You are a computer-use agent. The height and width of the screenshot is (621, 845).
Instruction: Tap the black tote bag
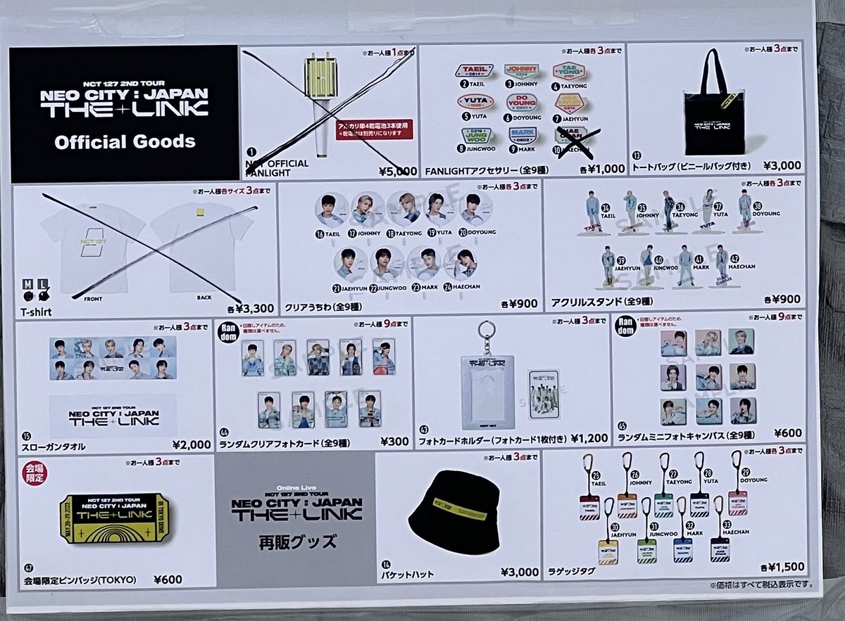715,105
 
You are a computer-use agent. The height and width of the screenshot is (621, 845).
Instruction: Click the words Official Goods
125,141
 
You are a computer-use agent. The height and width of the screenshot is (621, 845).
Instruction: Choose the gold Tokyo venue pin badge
114,518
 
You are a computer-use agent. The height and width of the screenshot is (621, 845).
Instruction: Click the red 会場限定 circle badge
33,472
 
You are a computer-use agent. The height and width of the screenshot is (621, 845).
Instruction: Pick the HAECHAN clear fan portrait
465,264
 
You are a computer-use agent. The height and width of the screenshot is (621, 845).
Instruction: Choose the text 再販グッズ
295,542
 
